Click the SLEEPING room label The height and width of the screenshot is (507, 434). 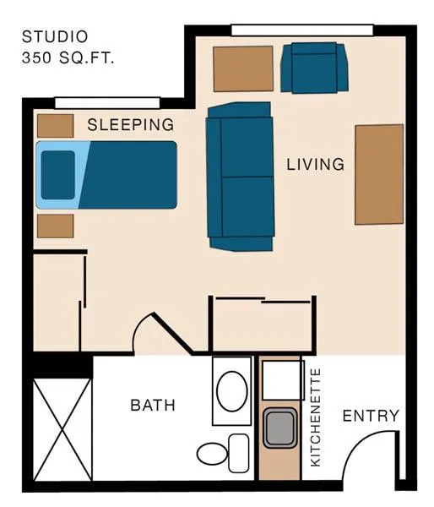click(x=131, y=125)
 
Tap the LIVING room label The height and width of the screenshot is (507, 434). click(x=316, y=164)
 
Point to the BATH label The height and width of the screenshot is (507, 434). click(x=153, y=405)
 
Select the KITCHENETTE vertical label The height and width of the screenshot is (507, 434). click(x=315, y=417)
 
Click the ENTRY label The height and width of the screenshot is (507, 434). click(x=371, y=416)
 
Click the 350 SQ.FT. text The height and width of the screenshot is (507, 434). click(x=68, y=57)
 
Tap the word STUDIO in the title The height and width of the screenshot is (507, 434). click(x=55, y=36)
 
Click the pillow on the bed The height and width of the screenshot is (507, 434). click(x=58, y=175)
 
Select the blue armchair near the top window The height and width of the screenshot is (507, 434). click(x=314, y=68)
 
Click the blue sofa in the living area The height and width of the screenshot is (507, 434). click(x=240, y=177)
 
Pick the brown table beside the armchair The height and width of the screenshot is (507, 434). click(x=243, y=68)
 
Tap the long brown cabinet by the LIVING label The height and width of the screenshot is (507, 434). click(x=379, y=175)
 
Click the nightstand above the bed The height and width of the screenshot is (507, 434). click(x=55, y=126)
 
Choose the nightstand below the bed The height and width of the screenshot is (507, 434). click(x=55, y=226)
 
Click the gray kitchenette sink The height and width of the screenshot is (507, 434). click(x=279, y=428)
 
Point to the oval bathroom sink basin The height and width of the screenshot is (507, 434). click(x=232, y=391)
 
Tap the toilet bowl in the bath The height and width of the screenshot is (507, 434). click(x=212, y=454)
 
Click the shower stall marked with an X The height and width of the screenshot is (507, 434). click(x=62, y=430)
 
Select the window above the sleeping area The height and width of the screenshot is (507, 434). click(x=107, y=103)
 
